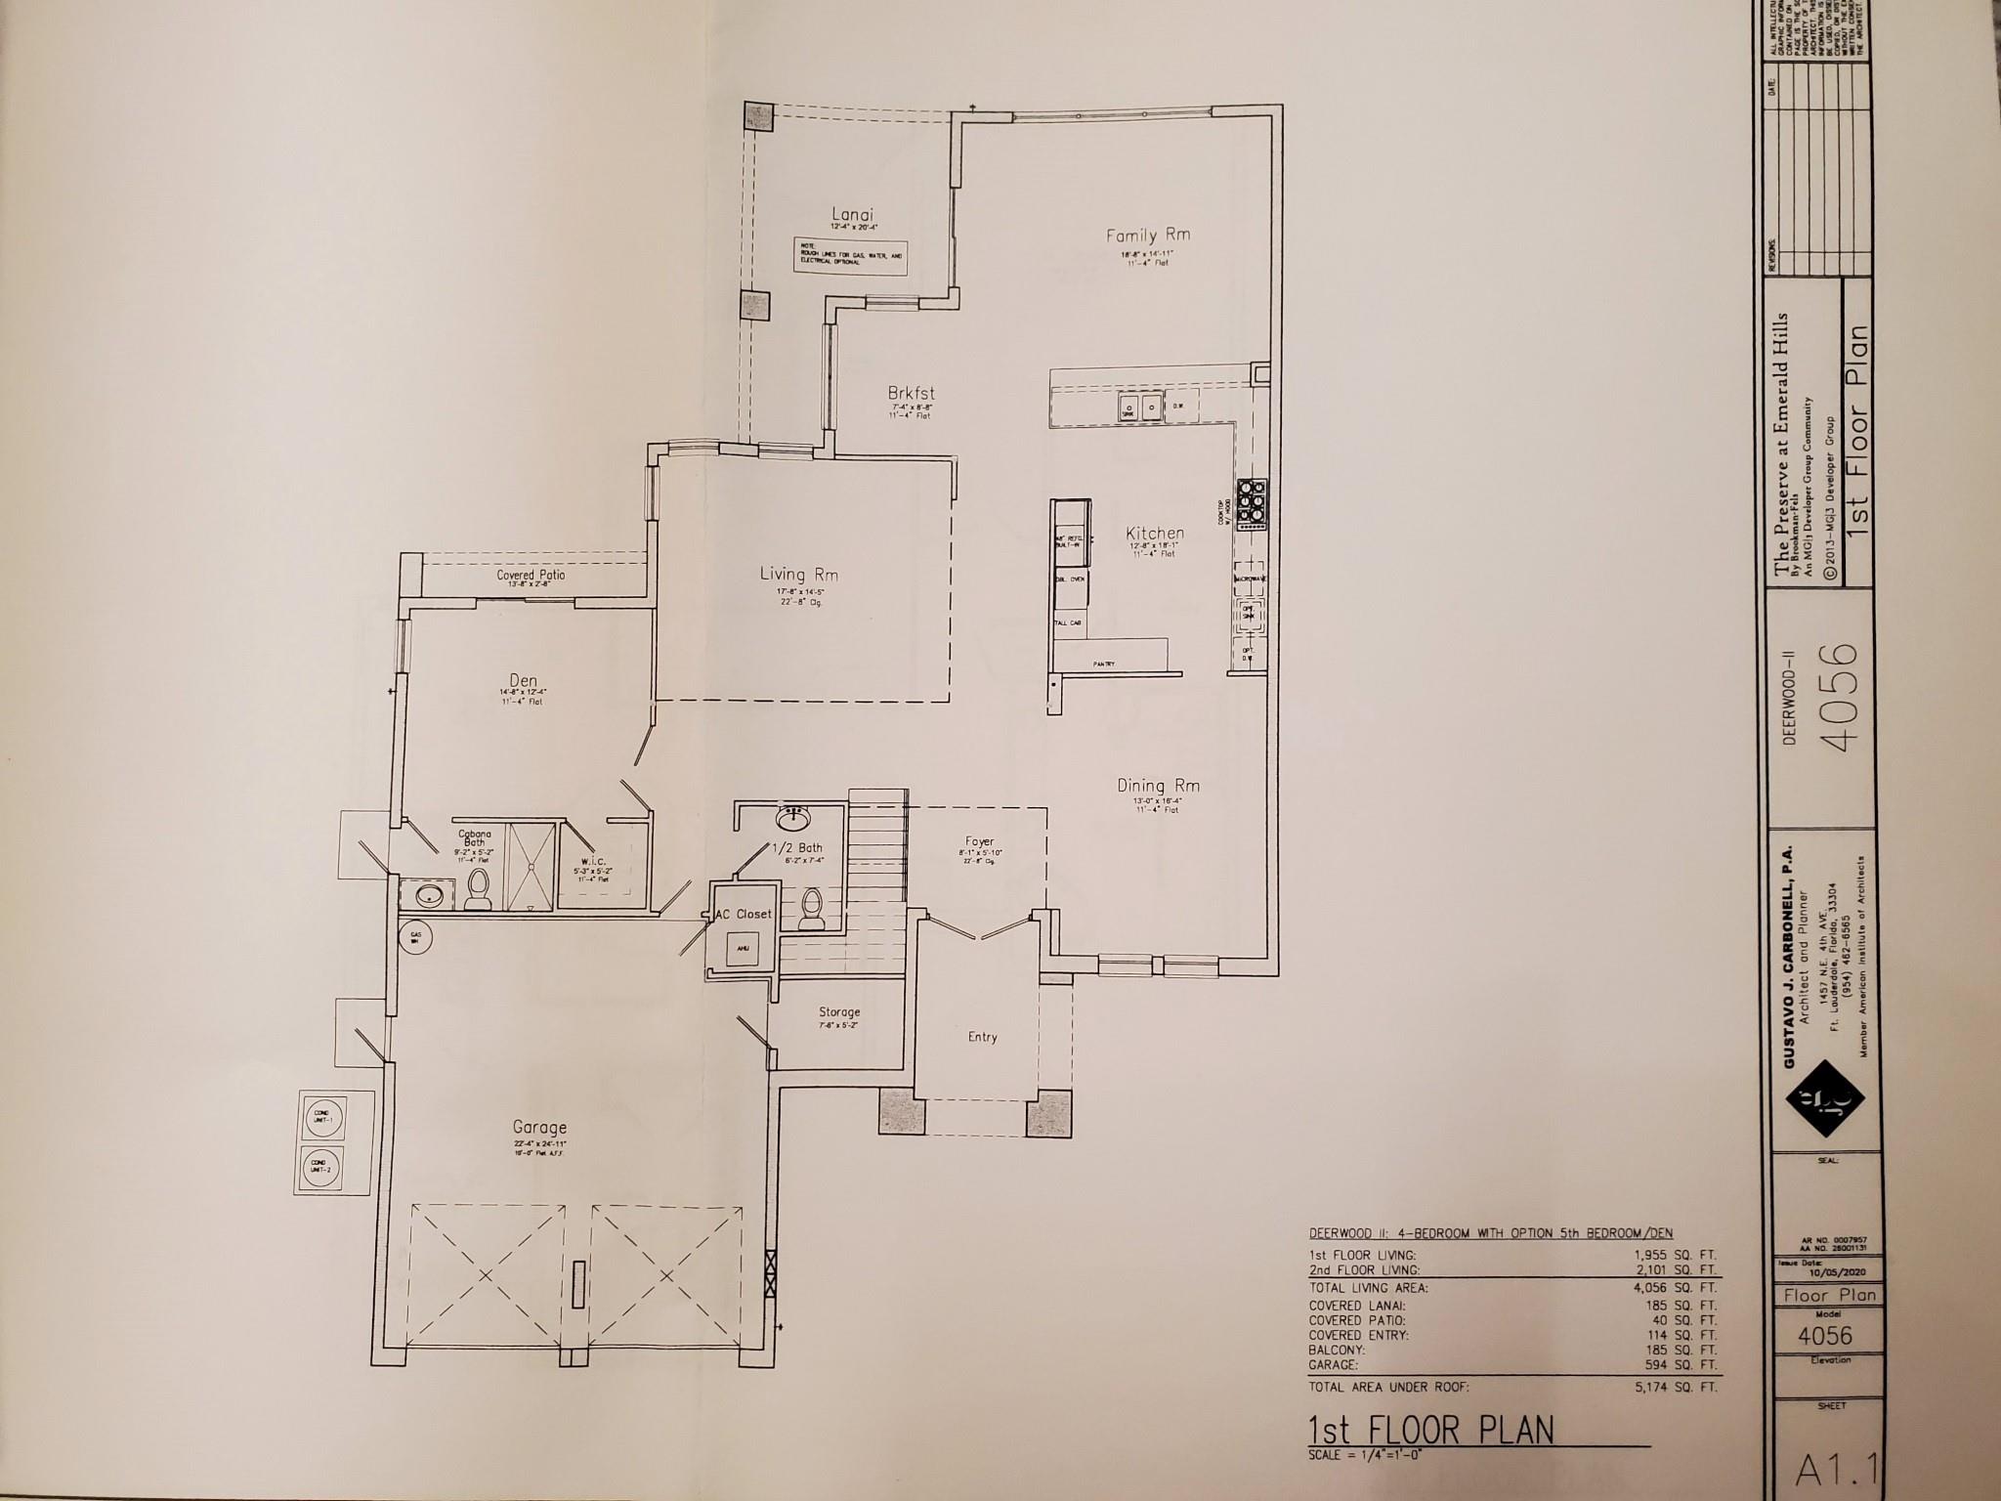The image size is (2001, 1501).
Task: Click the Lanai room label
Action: [x=852, y=215]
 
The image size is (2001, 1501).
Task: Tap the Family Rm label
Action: [x=1147, y=236]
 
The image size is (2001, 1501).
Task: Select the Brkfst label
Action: [x=913, y=393]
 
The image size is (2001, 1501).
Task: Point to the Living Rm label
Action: [x=799, y=575]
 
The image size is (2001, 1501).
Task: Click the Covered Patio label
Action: [x=530, y=575]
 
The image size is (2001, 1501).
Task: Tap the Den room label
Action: [x=523, y=681]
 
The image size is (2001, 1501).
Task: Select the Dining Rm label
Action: [x=1158, y=786]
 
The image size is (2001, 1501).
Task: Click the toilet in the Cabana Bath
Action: [x=478, y=888]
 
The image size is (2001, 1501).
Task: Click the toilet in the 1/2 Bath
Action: [x=811, y=909]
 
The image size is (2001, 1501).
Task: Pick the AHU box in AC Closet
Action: [x=743, y=947]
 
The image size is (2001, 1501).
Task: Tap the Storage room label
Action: [x=838, y=1012]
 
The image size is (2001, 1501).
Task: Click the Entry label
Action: [x=982, y=1037]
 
